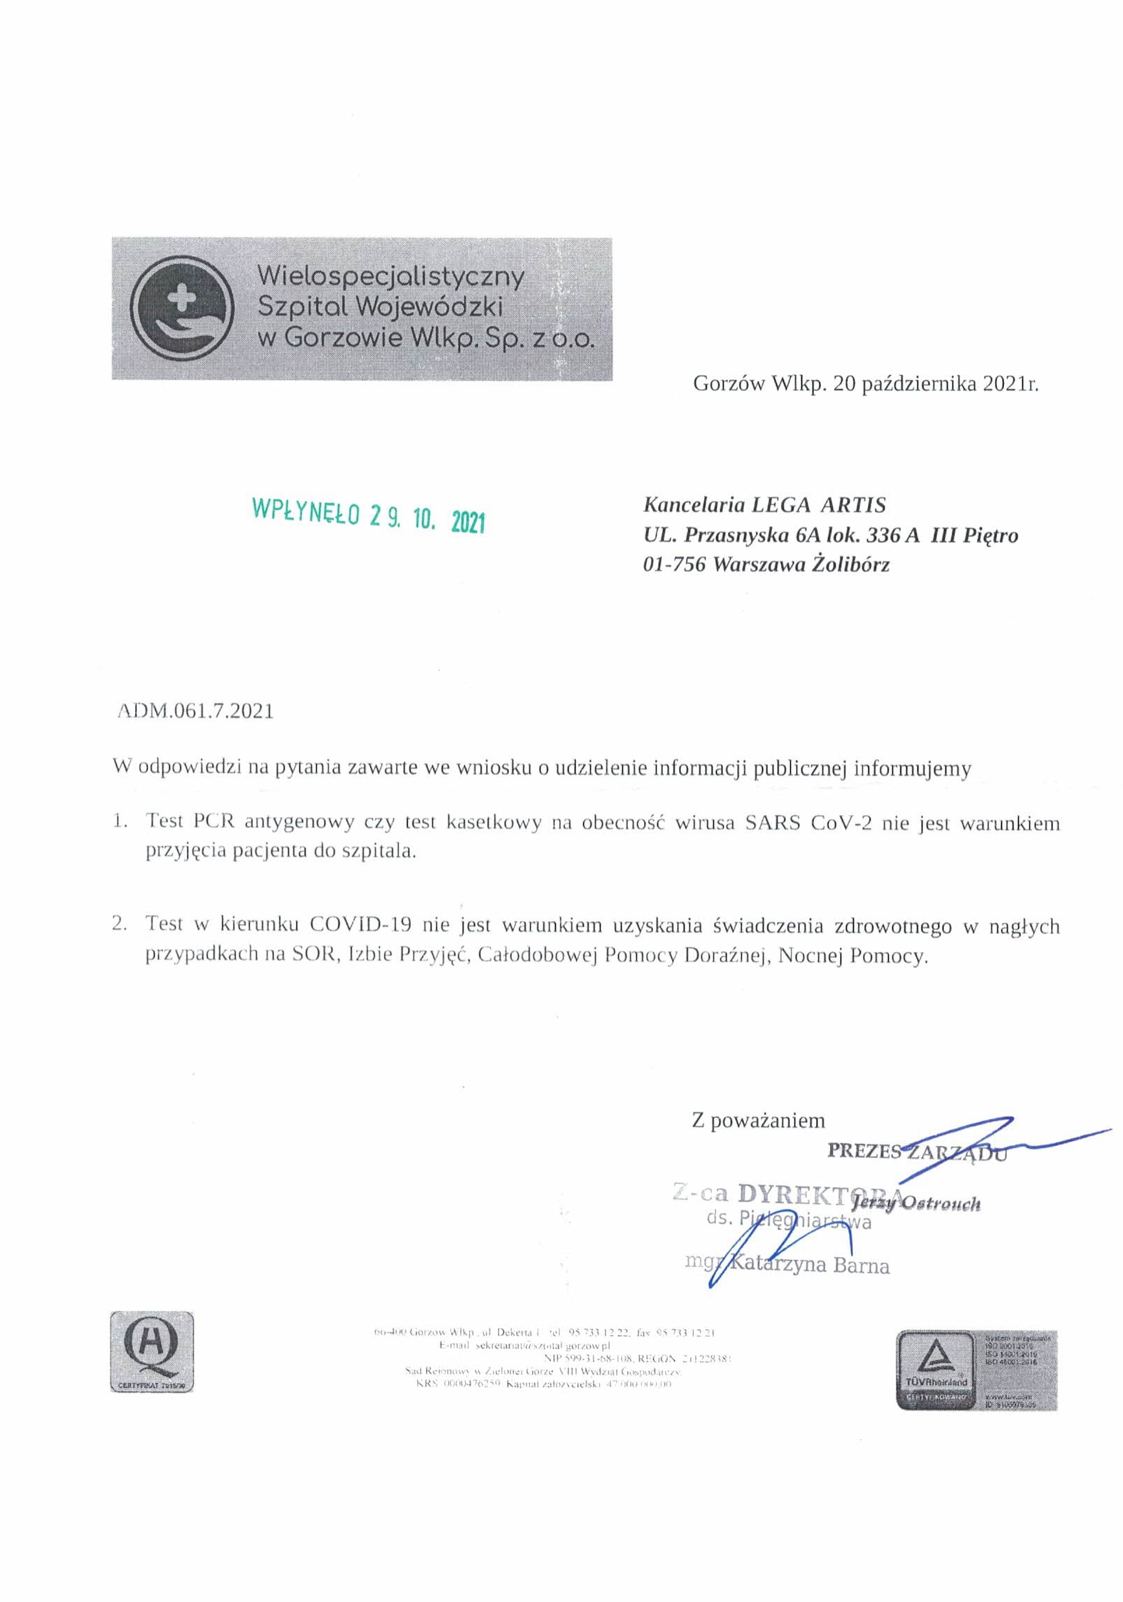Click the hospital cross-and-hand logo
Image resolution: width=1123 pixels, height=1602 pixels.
183,309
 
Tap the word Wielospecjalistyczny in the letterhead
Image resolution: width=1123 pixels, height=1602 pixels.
391,276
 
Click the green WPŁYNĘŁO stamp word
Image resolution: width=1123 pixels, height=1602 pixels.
306,511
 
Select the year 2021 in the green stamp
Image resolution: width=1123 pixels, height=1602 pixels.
468,522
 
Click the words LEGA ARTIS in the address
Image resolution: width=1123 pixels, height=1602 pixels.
818,505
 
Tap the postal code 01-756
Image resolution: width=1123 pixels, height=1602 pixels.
674,564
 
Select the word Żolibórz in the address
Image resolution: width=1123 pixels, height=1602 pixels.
850,564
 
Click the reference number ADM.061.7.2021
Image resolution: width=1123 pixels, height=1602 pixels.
195,711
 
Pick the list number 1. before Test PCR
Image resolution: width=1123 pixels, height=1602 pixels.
120,821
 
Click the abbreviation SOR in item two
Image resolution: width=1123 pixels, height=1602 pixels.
314,954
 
